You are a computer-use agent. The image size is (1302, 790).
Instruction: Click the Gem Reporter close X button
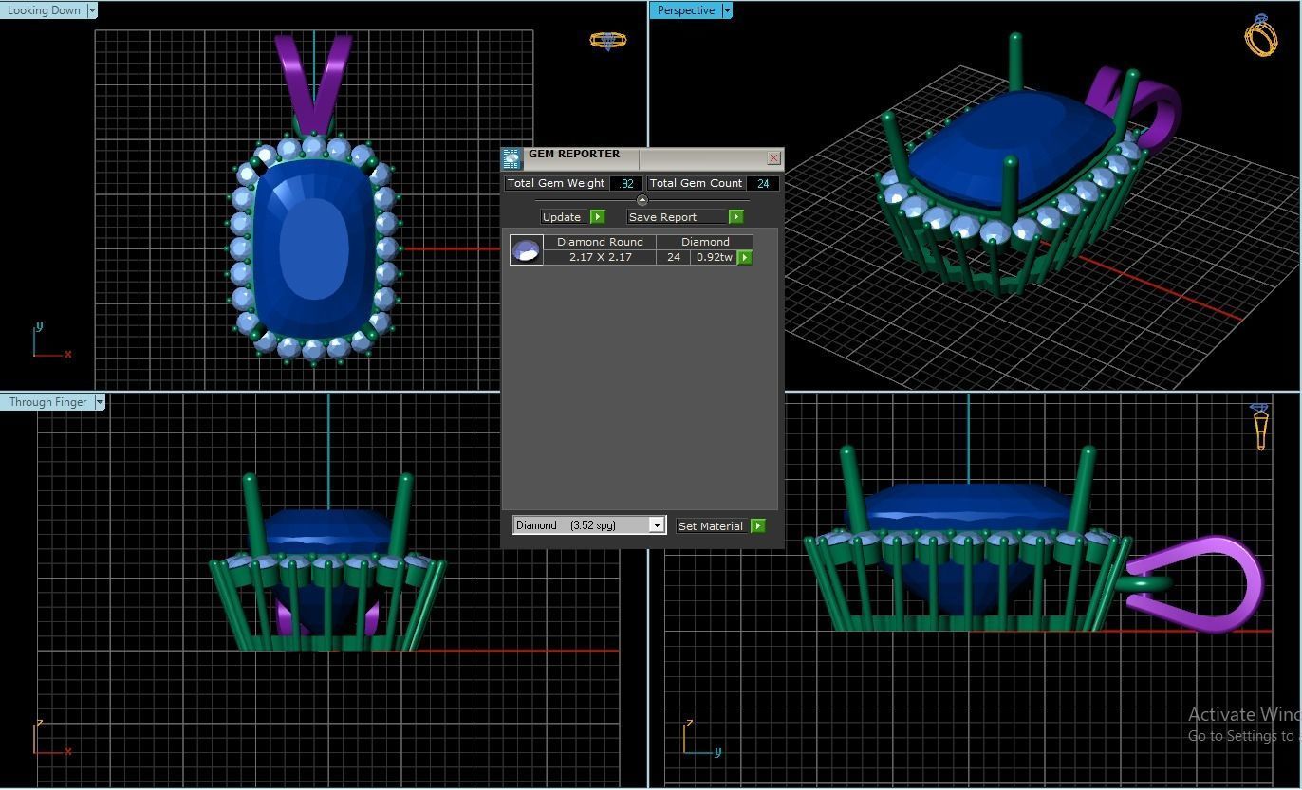[x=773, y=158]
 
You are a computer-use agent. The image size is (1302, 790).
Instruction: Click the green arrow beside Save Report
[x=735, y=217]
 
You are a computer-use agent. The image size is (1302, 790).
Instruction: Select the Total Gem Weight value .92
[x=626, y=183]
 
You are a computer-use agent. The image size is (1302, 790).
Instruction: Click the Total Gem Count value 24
[x=763, y=183]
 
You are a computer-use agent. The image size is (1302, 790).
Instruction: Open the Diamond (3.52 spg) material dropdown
[x=656, y=525]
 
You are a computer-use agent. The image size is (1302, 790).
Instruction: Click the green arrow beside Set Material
[x=757, y=526]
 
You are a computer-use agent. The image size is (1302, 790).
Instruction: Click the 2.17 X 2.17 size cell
[x=600, y=257]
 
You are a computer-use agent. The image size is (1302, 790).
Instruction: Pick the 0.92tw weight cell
[x=714, y=257]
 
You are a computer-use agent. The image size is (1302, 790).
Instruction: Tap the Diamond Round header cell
[x=600, y=242]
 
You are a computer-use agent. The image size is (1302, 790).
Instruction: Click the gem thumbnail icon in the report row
[x=526, y=249]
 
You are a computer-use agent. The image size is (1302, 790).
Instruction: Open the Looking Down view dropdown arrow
[x=92, y=10]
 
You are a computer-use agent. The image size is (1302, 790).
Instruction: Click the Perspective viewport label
[x=685, y=10]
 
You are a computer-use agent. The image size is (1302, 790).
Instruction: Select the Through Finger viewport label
[x=47, y=402]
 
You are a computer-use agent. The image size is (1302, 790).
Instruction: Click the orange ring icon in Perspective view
[x=1260, y=36]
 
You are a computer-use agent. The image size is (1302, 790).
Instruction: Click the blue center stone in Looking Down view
[x=313, y=248]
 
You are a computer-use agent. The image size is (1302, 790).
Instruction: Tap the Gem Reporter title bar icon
[x=512, y=158]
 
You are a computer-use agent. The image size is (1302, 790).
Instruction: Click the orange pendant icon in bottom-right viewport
[x=1260, y=427]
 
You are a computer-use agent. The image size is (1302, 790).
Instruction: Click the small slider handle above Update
[x=642, y=201]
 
